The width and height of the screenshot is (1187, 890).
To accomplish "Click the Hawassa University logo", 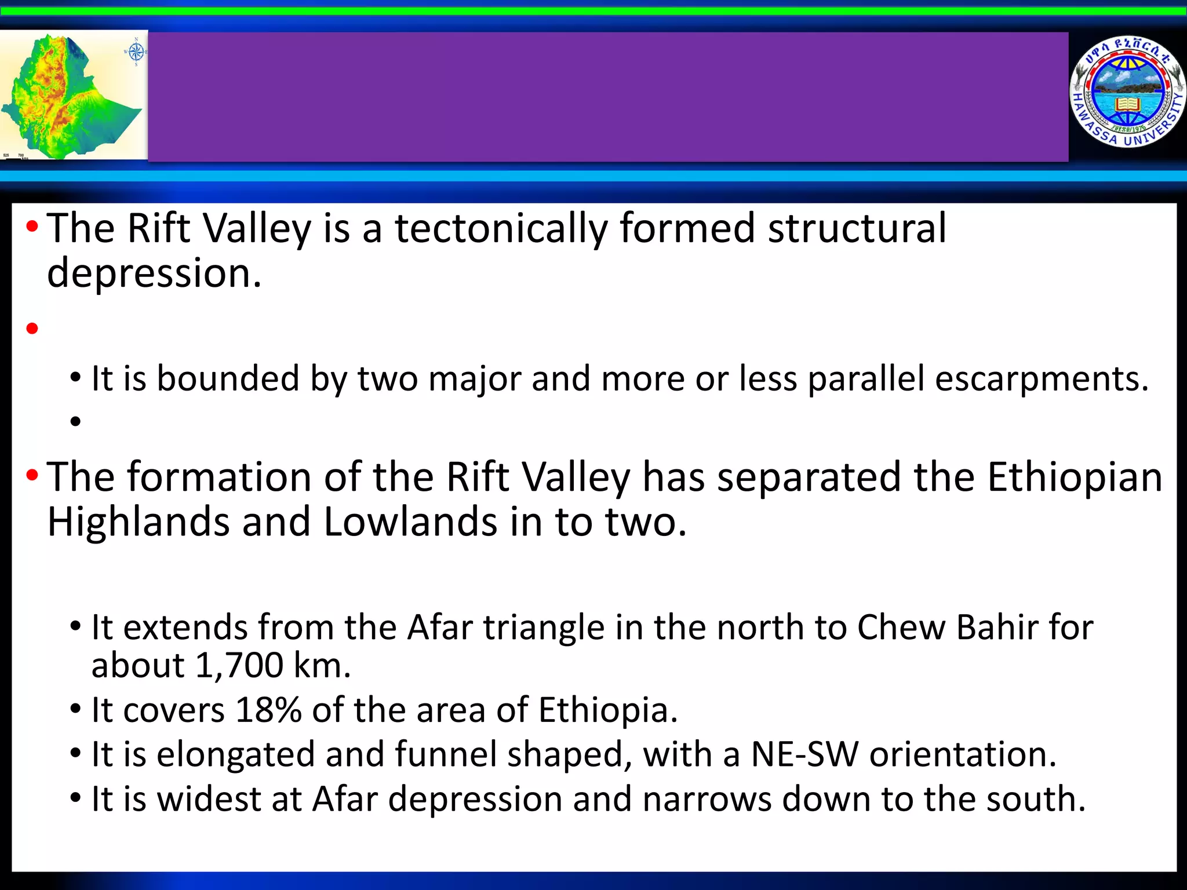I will point(1127,93).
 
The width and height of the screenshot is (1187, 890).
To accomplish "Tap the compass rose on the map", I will point(136,53).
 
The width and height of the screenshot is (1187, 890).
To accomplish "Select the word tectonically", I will point(501,228).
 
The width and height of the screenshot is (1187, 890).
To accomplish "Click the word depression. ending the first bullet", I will point(154,273).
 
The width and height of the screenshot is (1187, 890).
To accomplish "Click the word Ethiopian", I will point(1075,477).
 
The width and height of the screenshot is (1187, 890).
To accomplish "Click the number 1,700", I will point(239,666).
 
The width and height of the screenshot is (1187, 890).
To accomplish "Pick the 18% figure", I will point(268,710).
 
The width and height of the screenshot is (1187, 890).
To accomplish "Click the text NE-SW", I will point(804,754).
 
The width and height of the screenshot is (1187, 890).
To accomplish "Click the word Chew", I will point(901,628).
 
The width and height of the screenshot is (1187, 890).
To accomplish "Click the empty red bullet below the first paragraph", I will point(32,329).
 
